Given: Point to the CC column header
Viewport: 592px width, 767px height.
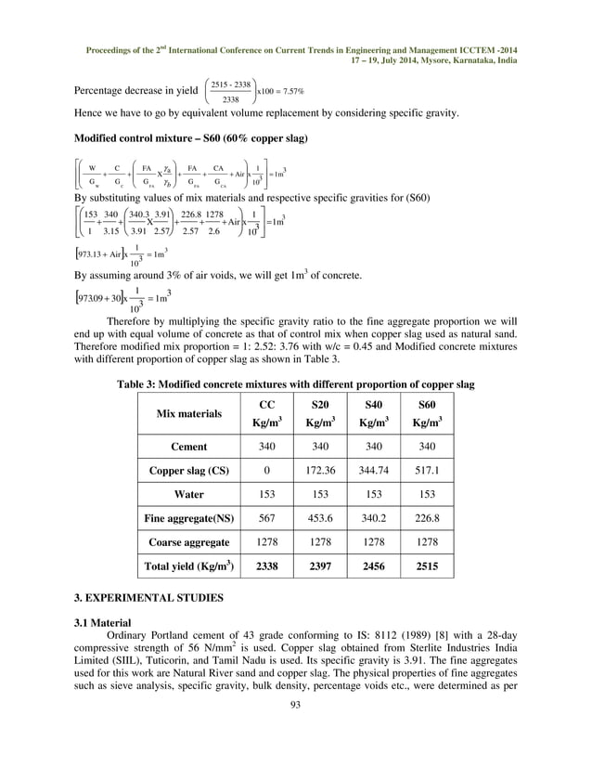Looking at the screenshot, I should click(266, 414).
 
